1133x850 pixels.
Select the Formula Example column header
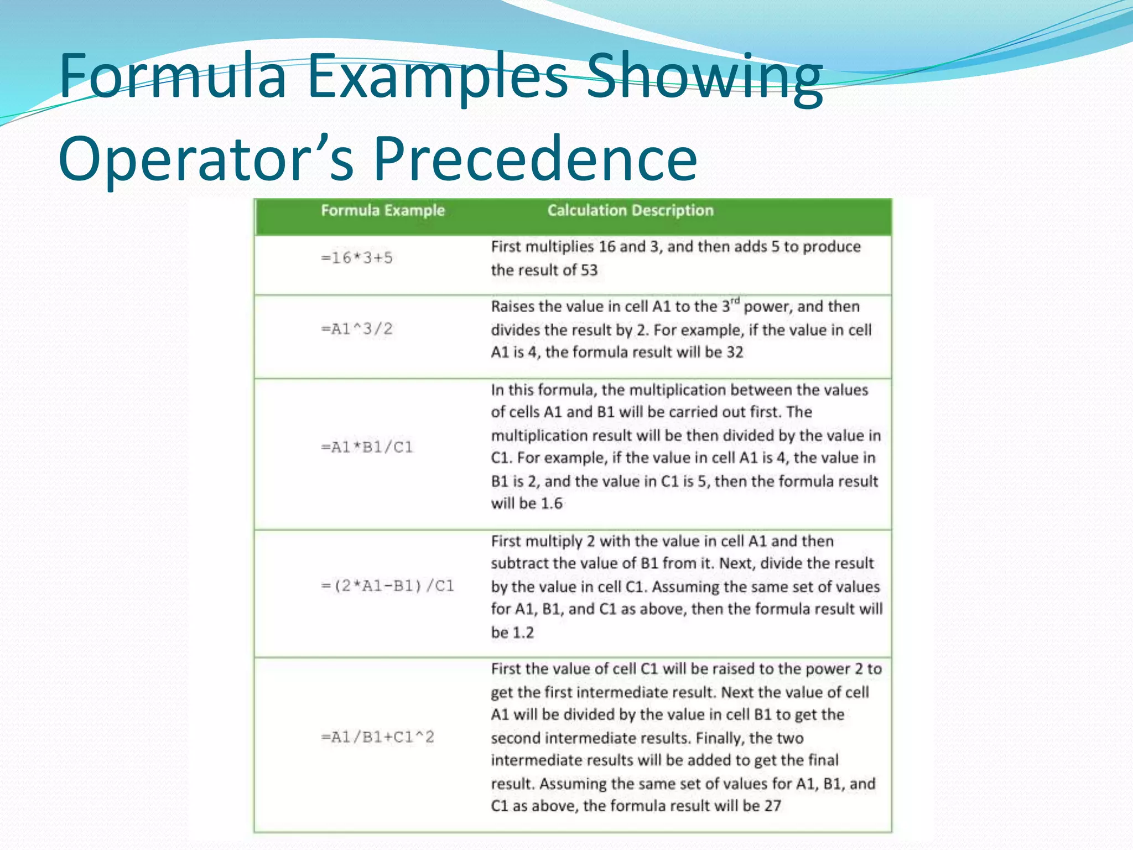383,210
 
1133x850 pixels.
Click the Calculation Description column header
630,210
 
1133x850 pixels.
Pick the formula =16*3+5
357,258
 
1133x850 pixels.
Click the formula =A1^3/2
357,329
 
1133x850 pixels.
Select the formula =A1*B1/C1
367,447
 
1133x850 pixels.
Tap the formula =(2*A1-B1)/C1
387,585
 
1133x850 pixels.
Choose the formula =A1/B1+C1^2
378,737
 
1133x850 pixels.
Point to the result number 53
589,270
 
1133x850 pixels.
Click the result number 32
734,353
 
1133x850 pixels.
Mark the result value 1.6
551,504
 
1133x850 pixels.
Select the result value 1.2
523,633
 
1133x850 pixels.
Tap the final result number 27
772,806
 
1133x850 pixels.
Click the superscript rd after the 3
734,301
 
